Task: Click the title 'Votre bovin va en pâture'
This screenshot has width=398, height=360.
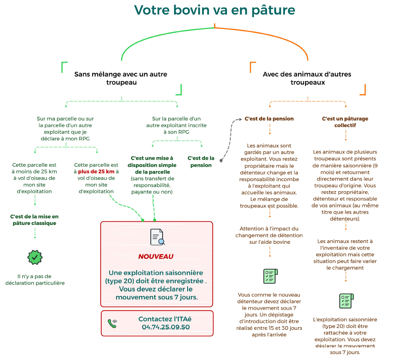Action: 214,10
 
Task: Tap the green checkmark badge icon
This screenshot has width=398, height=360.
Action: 35,257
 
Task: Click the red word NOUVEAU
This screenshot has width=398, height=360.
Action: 156,257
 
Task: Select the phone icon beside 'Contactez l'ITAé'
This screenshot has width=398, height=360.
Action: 112,323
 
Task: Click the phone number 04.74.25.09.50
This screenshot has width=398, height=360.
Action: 166,327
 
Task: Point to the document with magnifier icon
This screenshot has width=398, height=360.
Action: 157,237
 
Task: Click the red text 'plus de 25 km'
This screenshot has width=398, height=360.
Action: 96,171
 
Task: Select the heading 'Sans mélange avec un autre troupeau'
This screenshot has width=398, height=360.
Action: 121,78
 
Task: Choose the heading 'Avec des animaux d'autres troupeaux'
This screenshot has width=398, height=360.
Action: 307,78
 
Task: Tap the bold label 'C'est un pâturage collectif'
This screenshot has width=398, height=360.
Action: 345,122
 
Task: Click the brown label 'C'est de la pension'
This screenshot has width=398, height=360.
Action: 269,118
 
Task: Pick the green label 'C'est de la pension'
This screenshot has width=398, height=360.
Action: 201,161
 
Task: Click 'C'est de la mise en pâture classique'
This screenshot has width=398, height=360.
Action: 35,220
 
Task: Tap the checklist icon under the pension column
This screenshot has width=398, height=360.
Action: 270,276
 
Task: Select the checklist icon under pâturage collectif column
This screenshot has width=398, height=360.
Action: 346,301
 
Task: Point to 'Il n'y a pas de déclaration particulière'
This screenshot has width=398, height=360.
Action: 35,279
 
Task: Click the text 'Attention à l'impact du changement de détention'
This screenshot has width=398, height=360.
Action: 269,232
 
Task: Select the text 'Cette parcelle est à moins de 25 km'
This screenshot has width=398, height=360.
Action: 34,168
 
